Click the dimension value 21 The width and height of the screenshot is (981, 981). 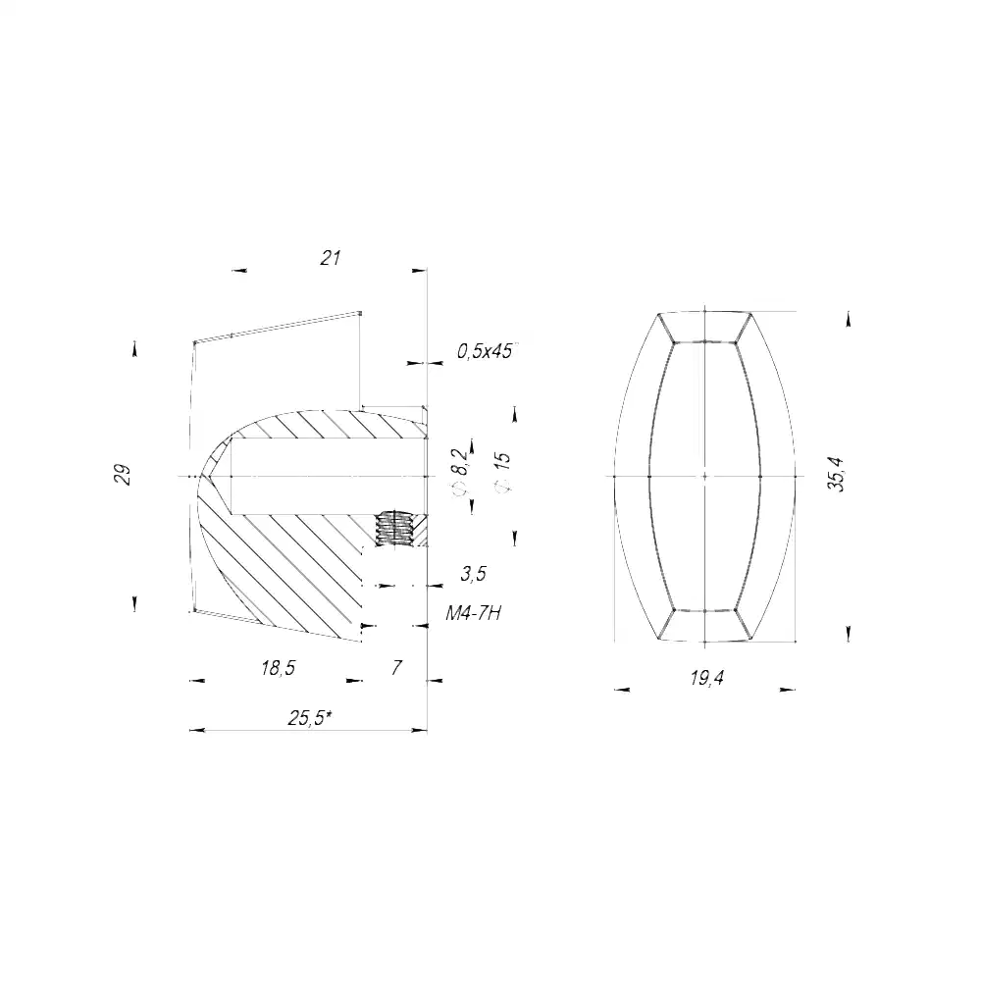point(330,258)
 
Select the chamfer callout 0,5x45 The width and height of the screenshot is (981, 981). point(484,351)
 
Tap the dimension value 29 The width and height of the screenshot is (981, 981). point(123,475)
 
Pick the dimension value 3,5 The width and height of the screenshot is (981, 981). point(473,574)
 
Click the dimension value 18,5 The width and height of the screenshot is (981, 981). point(278,668)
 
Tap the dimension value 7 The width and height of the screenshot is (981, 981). point(395,668)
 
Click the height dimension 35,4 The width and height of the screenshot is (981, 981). point(835,475)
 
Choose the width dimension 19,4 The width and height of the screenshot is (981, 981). point(705,678)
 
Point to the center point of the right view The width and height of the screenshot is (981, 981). point(705,476)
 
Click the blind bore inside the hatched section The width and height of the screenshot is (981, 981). point(324,476)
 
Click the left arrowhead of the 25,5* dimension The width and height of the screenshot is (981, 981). point(194,730)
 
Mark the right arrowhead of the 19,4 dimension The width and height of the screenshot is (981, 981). point(790,690)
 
